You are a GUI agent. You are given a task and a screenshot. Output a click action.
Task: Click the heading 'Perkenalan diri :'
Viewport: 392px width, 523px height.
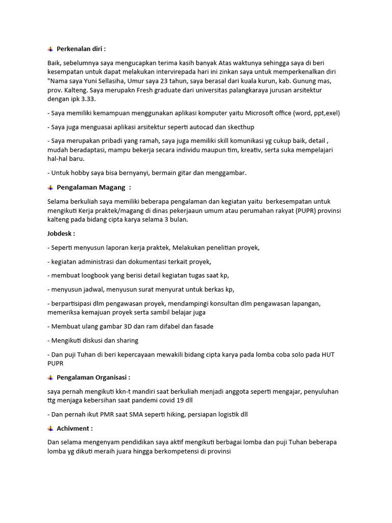(x=81, y=49)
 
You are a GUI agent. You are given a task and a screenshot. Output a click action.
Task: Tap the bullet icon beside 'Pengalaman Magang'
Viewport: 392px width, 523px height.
(x=50, y=187)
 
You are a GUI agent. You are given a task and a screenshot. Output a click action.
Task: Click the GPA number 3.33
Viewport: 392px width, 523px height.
(x=88, y=99)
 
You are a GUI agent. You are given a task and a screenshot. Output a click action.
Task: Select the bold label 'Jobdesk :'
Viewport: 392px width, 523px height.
(x=61, y=233)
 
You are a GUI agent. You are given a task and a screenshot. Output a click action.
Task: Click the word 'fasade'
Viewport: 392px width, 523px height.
(x=202, y=326)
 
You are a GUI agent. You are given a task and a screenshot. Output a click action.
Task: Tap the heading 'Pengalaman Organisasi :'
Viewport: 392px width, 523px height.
(x=93, y=377)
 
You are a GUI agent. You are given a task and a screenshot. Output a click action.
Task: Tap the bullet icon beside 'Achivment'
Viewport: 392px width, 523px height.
(x=50, y=429)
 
